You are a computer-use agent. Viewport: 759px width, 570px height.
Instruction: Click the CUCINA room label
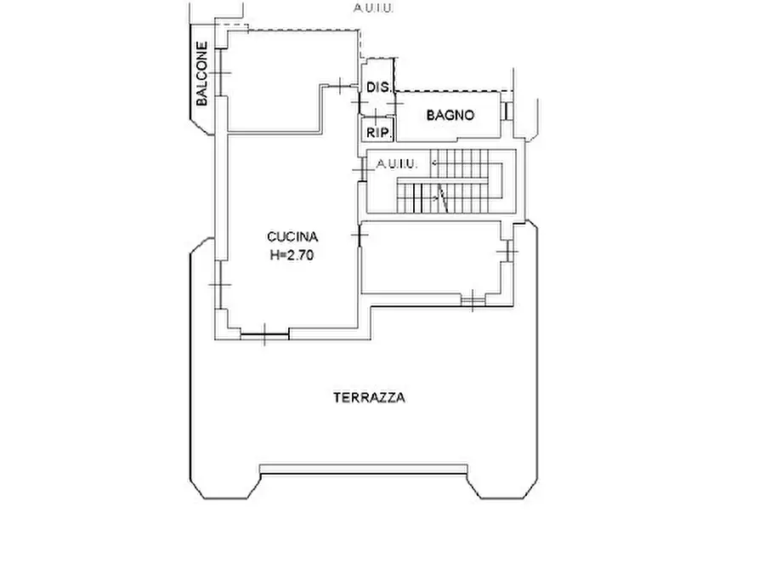coord(292,237)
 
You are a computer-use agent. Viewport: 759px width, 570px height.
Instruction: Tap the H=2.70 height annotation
coord(292,255)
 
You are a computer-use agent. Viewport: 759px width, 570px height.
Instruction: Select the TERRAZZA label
coord(370,397)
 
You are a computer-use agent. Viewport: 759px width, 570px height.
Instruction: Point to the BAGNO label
coord(450,116)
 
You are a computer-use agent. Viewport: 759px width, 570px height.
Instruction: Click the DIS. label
coord(378,88)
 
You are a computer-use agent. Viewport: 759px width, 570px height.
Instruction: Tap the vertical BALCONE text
coord(201,74)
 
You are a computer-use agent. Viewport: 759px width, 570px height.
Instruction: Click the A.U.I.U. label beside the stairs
coord(396,164)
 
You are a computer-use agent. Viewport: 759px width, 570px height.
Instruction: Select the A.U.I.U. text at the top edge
coord(373,8)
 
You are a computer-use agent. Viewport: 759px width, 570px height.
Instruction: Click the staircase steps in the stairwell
coord(450,181)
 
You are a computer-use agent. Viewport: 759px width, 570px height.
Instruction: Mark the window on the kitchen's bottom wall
coord(265,334)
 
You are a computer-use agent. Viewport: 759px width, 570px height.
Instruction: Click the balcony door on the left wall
coord(220,72)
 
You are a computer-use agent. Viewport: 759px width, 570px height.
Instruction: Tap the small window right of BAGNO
coord(507,111)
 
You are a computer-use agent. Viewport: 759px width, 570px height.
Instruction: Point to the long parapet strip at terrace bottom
coord(364,469)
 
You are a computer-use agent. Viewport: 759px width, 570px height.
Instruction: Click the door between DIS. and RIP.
coord(377,116)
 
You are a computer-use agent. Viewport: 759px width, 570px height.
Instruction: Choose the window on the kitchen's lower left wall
coord(220,284)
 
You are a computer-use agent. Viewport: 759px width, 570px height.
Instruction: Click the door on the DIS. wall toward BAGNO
coord(395,103)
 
